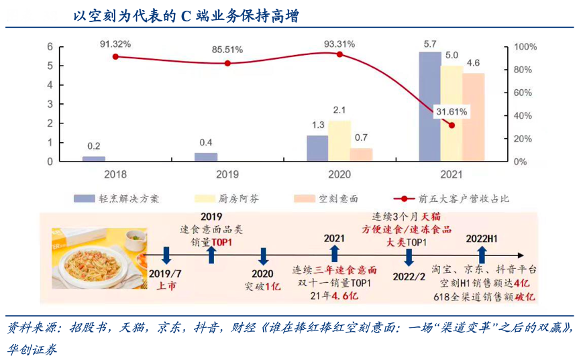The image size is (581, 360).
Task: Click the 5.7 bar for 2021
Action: coord(429,107)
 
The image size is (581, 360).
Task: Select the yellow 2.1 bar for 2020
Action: coord(339,141)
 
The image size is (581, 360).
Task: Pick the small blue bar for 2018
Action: coord(94,158)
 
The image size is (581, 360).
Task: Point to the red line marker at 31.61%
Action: coord(452,125)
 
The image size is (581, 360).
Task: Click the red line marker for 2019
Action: coord(227,64)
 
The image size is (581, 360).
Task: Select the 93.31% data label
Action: coord(339,44)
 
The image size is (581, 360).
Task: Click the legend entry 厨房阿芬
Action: coord(220,198)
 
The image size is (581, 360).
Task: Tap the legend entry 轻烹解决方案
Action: coord(117,198)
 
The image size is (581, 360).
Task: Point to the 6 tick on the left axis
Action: coord(50,47)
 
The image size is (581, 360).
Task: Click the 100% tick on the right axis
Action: coord(524,47)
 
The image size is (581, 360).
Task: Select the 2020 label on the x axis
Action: coord(339,174)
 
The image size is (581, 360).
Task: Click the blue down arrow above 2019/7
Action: coord(166,255)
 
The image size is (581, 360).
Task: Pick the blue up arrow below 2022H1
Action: coord(481,255)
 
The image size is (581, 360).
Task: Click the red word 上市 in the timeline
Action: coord(166,286)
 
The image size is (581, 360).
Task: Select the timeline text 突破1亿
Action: coord(262,286)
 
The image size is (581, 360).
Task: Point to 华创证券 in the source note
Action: coord(32,349)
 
